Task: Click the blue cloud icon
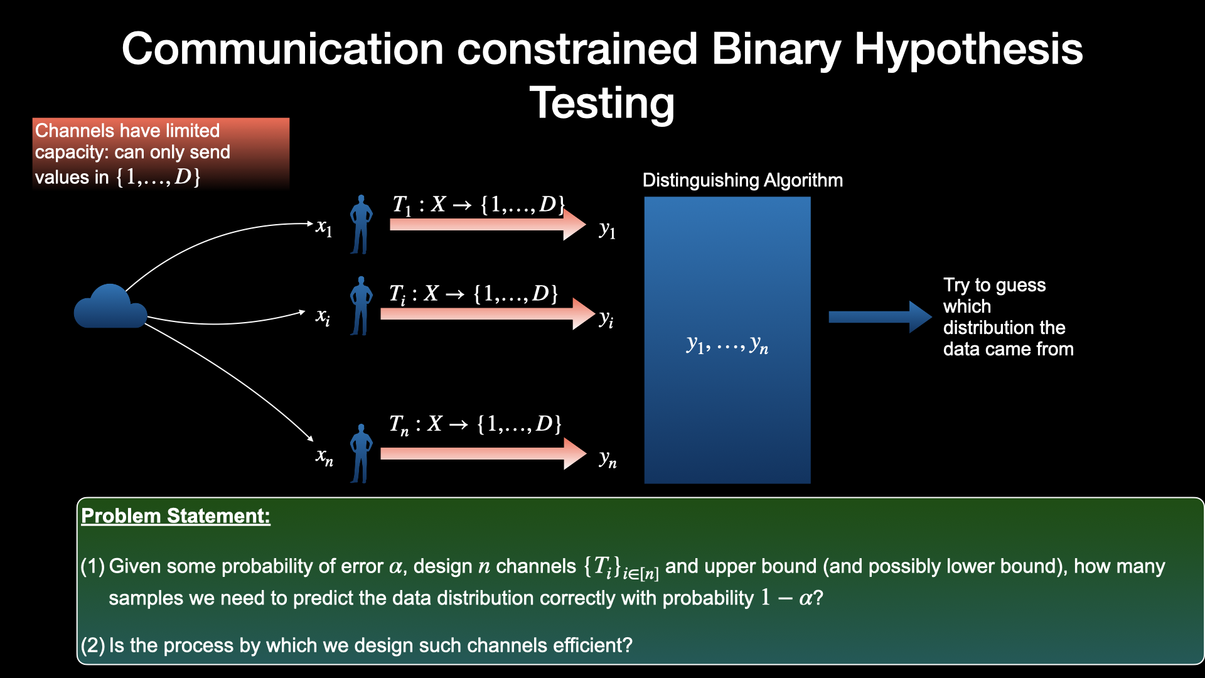tap(110, 308)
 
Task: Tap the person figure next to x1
tap(361, 225)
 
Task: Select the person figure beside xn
tap(361, 454)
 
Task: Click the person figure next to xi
tap(361, 306)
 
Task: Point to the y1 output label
tap(607, 230)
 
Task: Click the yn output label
tap(608, 459)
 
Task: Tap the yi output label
tap(606, 319)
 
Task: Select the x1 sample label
tap(324, 227)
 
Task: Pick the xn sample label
tap(324, 457)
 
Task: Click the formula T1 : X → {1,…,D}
tap(478, 205)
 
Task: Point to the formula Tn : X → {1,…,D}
tap(475, 424)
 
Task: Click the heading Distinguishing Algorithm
tap(742, 181)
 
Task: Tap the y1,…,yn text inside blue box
tap(727, 345)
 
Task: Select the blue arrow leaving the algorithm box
tap(879, 317)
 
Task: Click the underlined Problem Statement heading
tap(176, 516)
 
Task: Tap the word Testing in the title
tap(602, 104)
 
